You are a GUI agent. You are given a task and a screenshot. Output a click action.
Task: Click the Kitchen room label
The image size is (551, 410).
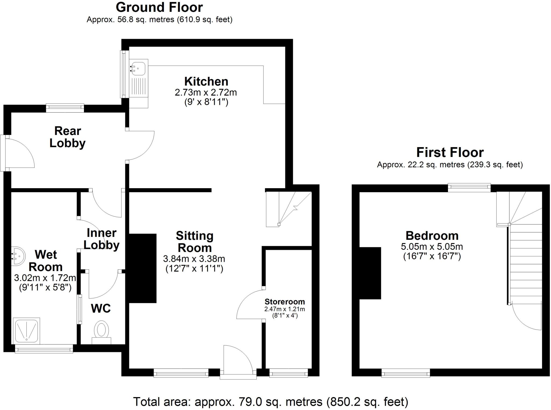(x=206, y=81)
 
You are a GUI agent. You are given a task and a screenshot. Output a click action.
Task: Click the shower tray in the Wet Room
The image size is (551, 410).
(x=26, y=331)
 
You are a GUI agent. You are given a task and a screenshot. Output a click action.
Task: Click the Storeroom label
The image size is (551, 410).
(x=285, y=302)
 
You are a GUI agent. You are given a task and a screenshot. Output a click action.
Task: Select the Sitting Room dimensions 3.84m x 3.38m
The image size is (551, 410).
(x=194, y=259)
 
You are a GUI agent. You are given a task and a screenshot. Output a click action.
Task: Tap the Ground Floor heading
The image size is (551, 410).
(x=159, y=8)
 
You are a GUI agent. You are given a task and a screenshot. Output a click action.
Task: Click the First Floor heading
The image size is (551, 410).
(x=450, y=152)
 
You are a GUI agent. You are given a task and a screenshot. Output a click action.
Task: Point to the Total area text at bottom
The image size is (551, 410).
(x=271, y=402)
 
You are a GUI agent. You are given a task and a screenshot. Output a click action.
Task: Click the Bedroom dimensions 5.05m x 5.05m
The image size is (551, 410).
(x=432, y=247)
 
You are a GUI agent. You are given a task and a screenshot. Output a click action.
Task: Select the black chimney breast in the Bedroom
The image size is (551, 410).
(x=370, y=273)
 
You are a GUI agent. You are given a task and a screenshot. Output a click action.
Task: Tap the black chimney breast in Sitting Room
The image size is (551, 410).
(x=143, y=268)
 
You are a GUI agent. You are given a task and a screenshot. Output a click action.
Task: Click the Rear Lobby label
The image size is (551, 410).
(x=68, y=137)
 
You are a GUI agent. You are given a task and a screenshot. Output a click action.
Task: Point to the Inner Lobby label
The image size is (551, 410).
(x=101, y=239)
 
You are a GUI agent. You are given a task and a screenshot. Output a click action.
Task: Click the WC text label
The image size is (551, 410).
(x=101, y=308)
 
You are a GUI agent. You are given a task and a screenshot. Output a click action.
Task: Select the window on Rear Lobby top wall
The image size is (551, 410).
(x=65, y=108)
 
